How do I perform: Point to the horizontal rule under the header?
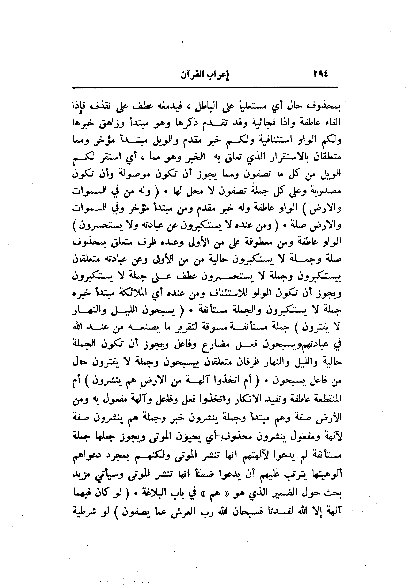[205, 87]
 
